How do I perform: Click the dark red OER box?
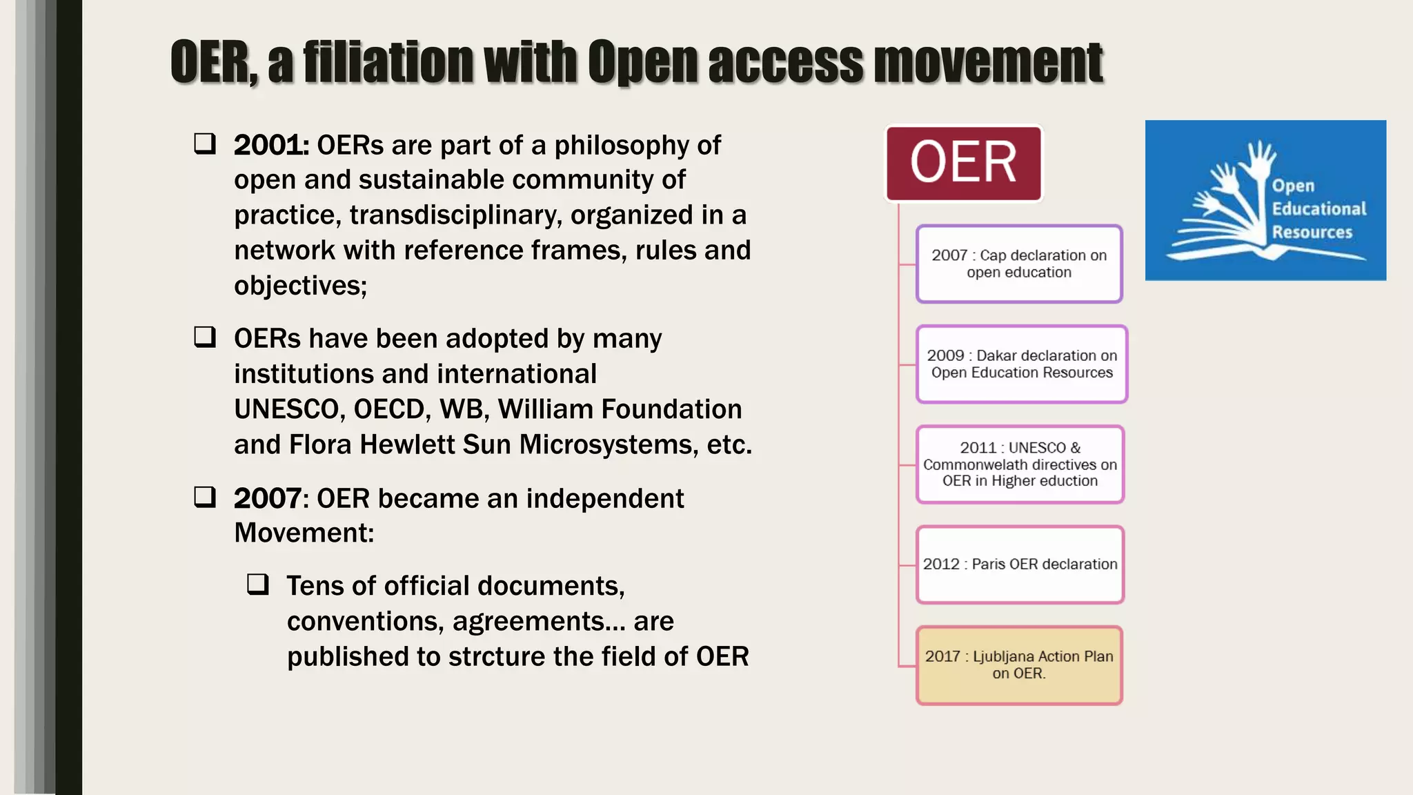point(963,163)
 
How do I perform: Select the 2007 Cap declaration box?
point(1019,264)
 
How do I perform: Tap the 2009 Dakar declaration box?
point(1021,364)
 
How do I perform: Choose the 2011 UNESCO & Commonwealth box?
point(1020,464)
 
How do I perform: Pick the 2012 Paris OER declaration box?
point(1020,564)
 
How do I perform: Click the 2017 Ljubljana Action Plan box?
point(1019,665)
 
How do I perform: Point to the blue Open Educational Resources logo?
point(1265,200)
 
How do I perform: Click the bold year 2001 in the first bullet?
point(270,146)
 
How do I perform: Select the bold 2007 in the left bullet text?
point(267,498)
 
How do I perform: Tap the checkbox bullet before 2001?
point(205,144)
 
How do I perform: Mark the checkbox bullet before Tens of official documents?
point(258,585)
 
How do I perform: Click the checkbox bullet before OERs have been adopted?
point(205,337)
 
